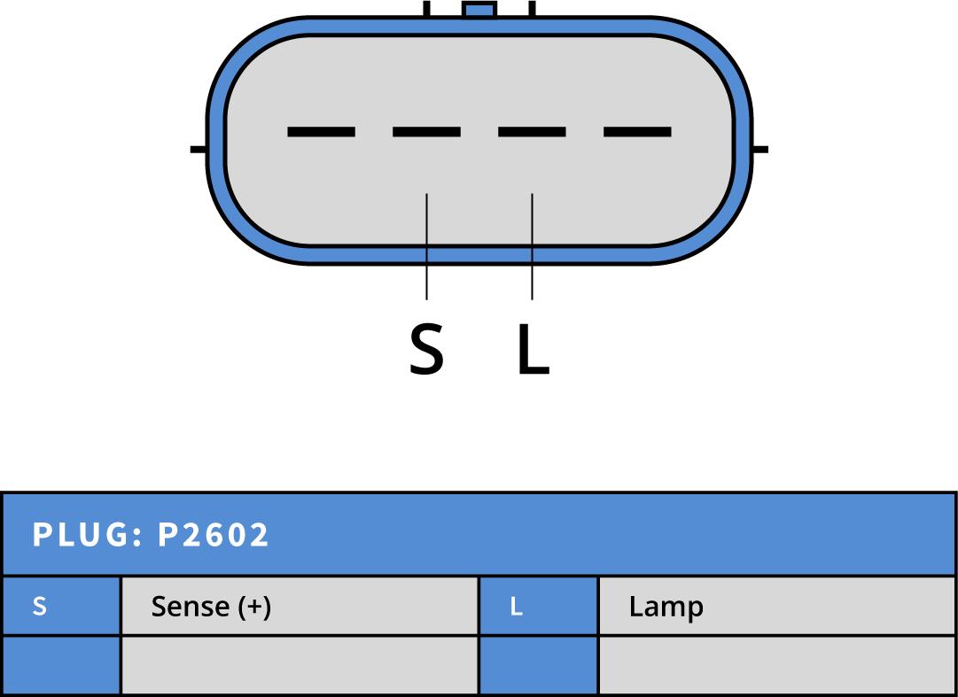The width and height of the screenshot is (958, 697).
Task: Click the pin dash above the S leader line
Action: point(426,132)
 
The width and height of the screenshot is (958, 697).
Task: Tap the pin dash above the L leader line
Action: point(532,132)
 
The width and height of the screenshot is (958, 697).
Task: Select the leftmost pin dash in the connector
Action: point(321,132)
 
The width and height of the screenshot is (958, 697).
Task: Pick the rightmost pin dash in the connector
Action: point(637,132)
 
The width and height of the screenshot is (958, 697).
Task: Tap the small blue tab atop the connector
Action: point(479,10)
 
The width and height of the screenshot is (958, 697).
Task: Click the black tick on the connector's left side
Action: point(199,149)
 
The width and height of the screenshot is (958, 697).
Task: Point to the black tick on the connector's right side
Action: point(759,149)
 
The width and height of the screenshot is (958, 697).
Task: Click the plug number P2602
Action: point(214,535)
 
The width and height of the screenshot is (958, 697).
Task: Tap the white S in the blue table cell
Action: point(39,607)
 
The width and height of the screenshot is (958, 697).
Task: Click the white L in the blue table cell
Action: point(517,608)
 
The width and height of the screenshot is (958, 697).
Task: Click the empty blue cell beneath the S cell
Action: point(60,665)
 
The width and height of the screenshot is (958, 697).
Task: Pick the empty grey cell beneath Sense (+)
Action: point(299,665)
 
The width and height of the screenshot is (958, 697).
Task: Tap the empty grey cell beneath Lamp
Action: point(776,665)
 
